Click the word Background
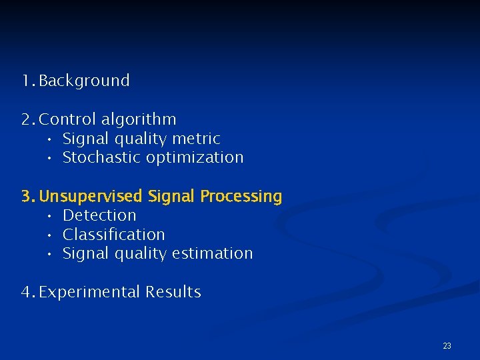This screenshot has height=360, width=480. (84, 81)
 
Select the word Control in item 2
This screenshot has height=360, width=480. (68, 119)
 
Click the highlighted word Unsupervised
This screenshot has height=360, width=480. (91, 197)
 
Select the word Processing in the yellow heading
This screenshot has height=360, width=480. (241, 197)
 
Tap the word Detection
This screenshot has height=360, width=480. (99, 215)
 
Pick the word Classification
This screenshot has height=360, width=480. (113, 235)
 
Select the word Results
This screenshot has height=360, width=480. (173, 292)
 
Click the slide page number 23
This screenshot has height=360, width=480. (447, 345)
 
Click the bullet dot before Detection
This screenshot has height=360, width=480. (50, 216)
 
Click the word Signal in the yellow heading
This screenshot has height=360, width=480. (171, 197)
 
